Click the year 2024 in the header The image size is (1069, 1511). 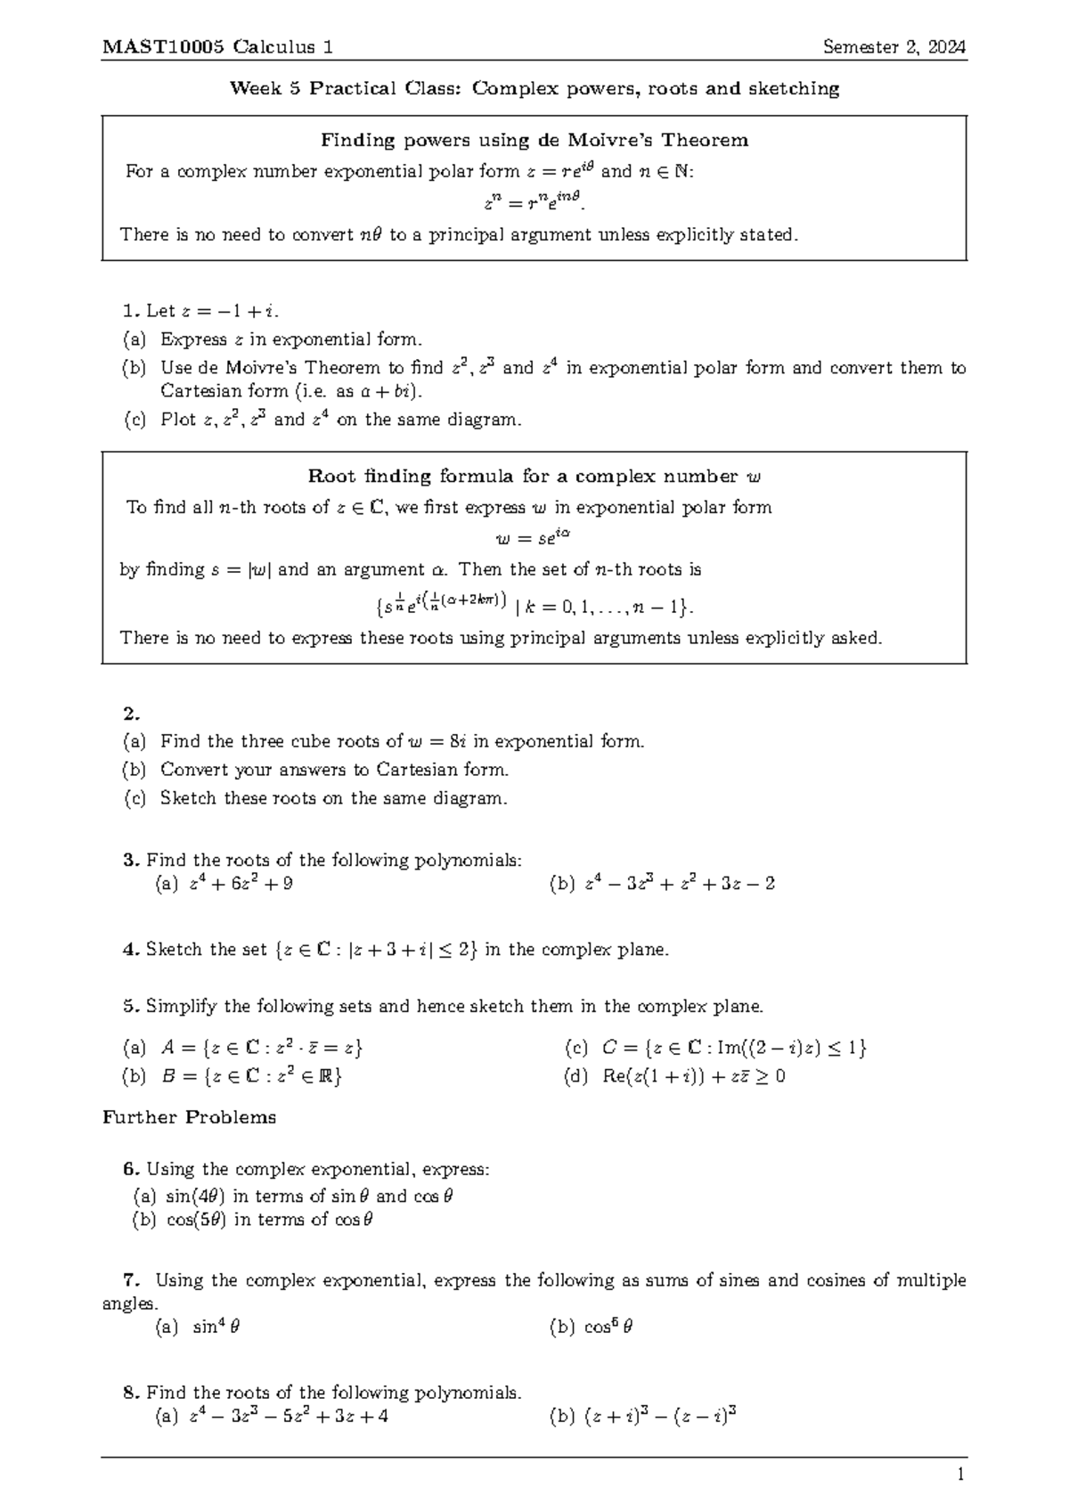(947, 47)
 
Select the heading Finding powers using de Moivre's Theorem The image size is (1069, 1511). (534, 140)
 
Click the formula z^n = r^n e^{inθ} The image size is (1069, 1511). (534, 202)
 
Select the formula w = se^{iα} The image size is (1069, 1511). (533, 538)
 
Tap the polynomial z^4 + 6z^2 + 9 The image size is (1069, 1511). (241, 884)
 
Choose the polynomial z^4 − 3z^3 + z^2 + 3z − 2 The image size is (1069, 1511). (680, 884)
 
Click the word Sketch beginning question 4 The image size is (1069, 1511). (175, 950)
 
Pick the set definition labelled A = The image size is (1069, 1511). (262, 1048)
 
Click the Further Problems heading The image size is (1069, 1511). (190, 1117)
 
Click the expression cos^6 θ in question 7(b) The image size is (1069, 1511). (608, 1327)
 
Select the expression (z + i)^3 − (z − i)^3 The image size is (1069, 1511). (660, 1416)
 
